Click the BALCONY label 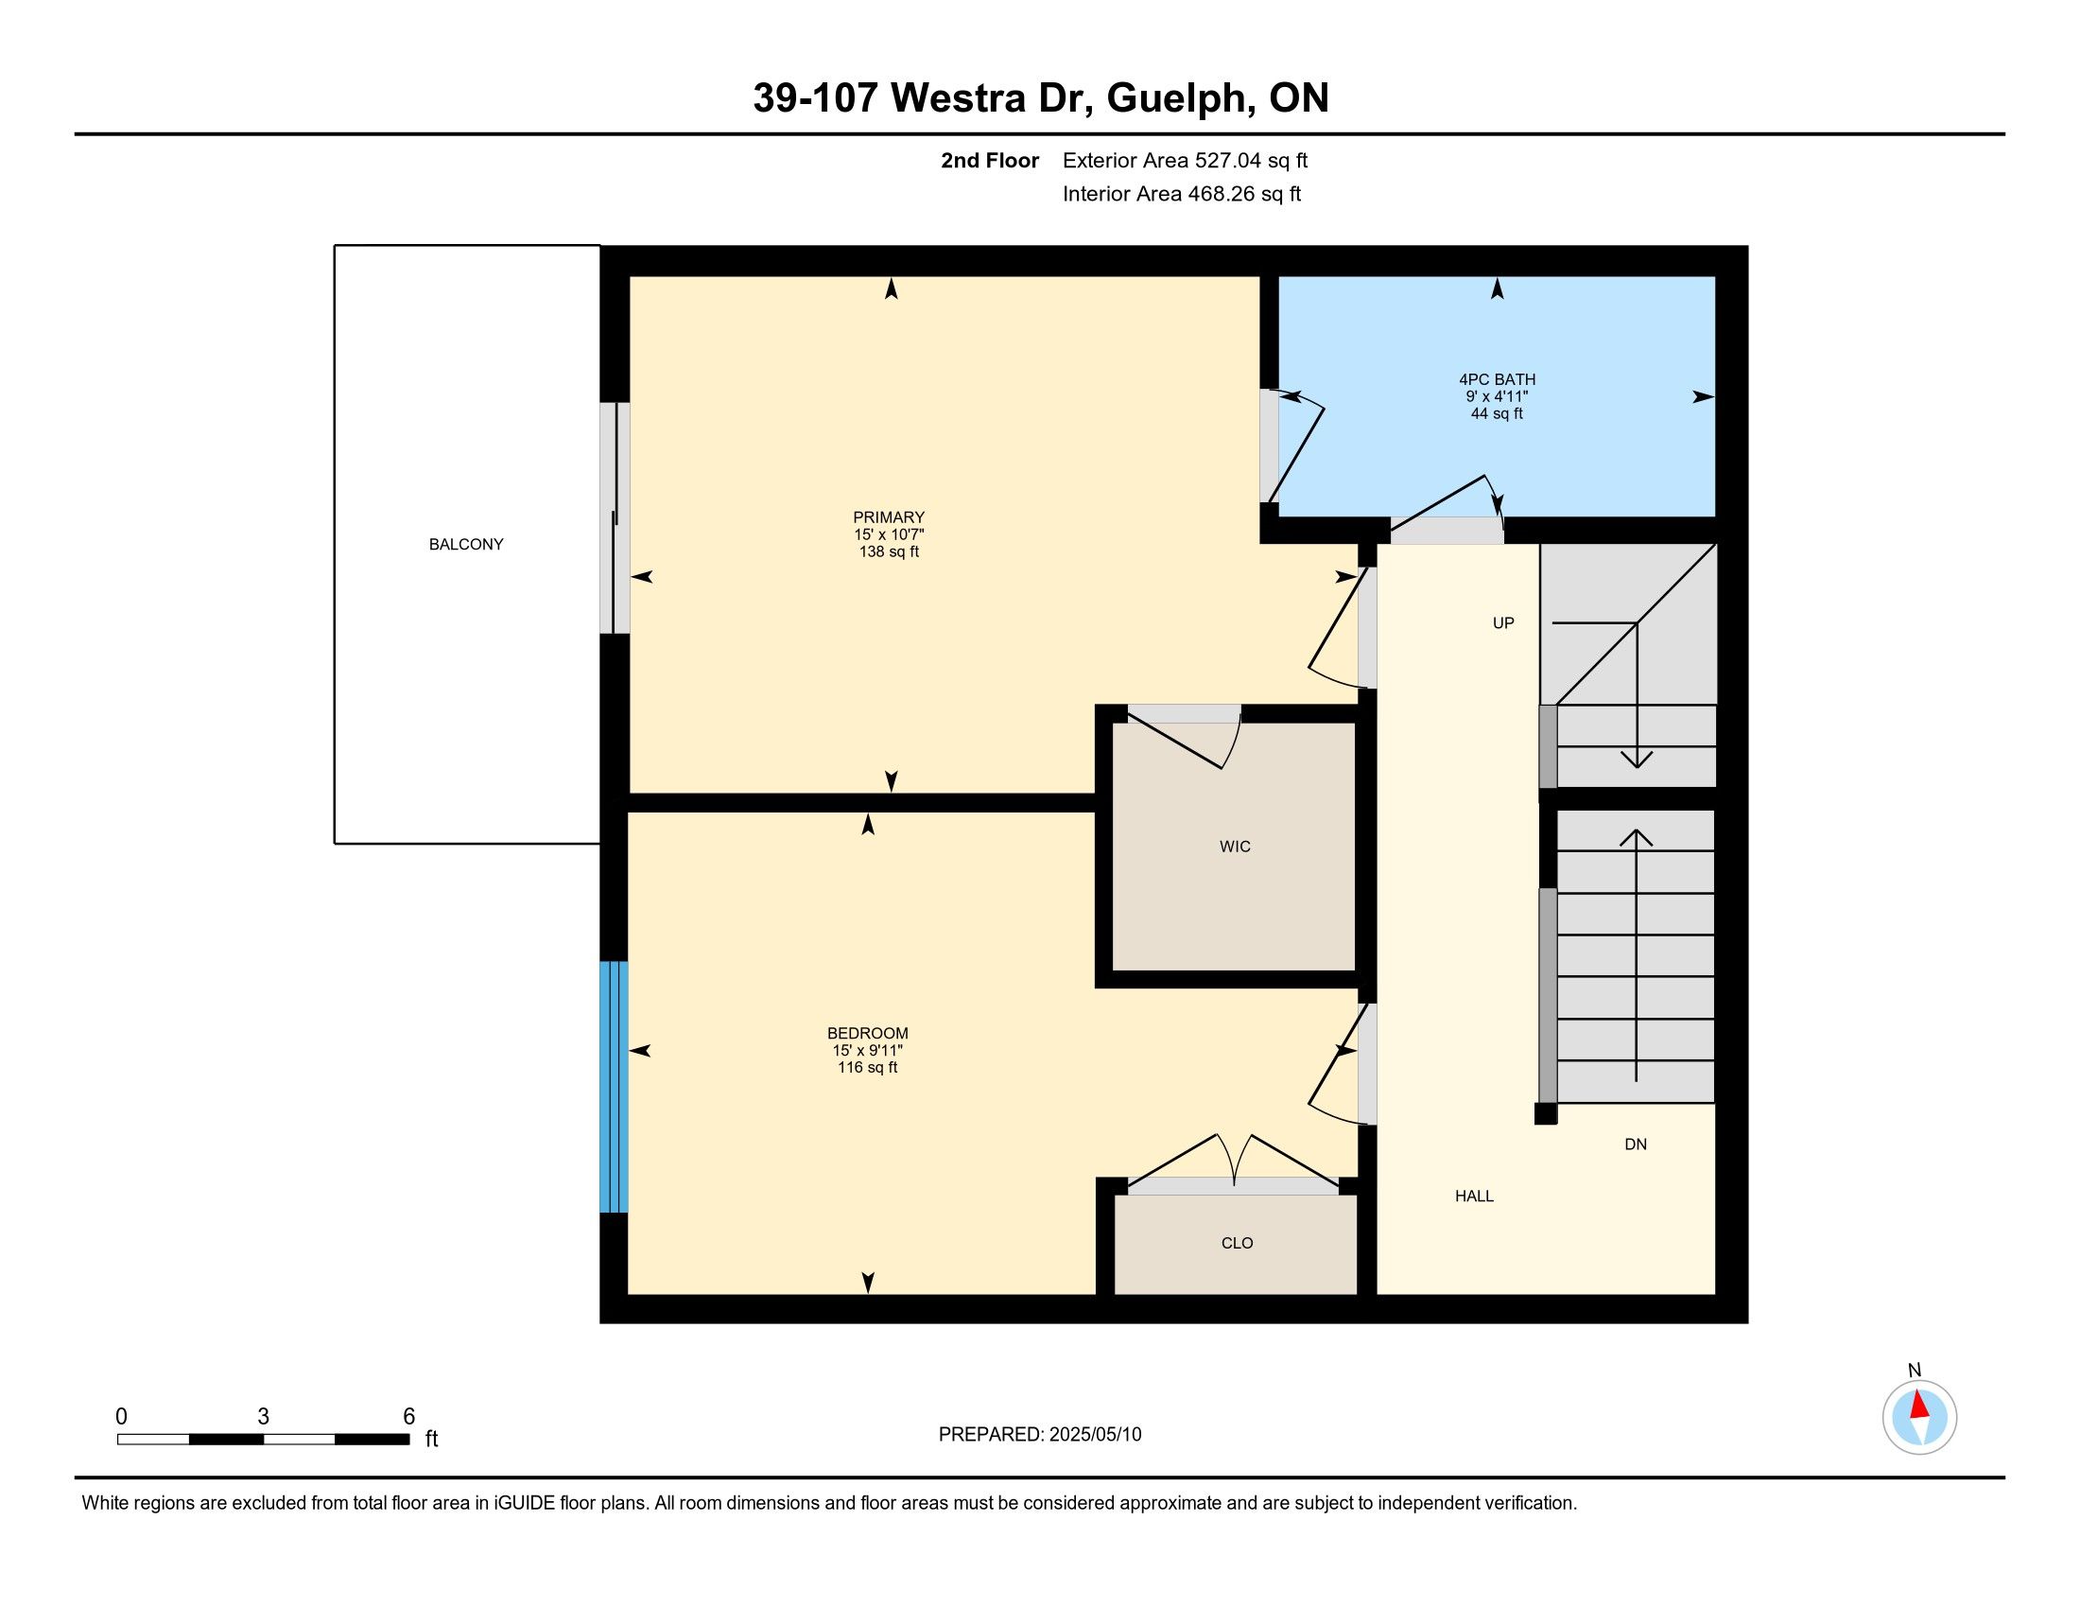tap(466, 544)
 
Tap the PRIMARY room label tap(889, 517)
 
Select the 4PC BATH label tap(1497, 379)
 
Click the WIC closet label tap(1236, 846)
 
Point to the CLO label tap(1238, 1242)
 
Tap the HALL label tap(1474, 1196)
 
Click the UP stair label tap(1503, 623)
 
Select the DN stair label tap(1636, 1145)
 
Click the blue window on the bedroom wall tap(614, 1087)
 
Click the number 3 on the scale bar tap(263, 1417)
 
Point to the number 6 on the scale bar tap(408, 1417)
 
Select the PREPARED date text tap(1040, 1435)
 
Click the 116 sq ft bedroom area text tap(867, 1067)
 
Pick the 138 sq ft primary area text tap(889, 551)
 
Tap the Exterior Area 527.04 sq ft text tap(1185, 160)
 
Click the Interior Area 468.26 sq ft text tap(1182, 193)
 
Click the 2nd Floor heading tap(990, 160)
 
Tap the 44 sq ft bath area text tap(1497, 413)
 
